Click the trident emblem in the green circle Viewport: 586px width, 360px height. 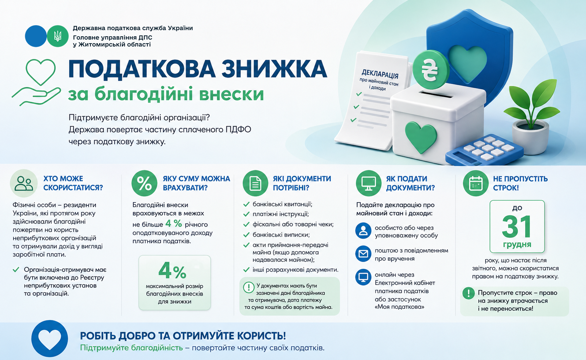pos(57,36)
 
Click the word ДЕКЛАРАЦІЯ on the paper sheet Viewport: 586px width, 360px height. pos(380,74)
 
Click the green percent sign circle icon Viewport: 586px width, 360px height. pos(144,183)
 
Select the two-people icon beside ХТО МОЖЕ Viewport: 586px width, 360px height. pos(24,183)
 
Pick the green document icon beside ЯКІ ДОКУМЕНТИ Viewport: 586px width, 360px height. pos(255,183)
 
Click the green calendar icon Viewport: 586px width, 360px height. pos(475,183)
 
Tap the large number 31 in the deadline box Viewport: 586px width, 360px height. pos(517,226)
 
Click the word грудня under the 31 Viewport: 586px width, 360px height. pos(517,245)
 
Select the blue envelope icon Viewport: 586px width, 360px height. pos(363,254)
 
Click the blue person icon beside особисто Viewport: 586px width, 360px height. pos(363,231)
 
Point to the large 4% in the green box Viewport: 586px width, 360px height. pos(172,271)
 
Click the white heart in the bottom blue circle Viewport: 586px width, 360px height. pos(49,339)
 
